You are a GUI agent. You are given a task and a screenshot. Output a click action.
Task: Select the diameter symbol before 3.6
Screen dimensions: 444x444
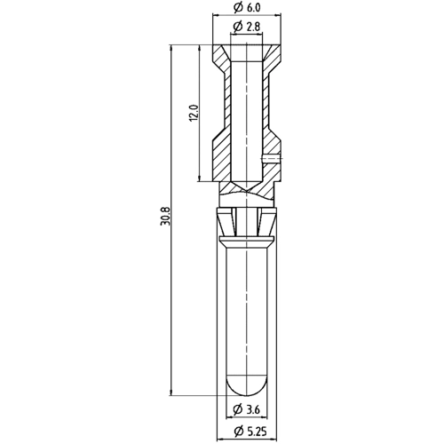[237, 409]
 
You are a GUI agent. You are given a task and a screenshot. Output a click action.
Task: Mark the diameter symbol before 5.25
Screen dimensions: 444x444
[236, 432]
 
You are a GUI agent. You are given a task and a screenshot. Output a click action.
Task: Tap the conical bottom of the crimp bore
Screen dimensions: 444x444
[248, 188]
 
